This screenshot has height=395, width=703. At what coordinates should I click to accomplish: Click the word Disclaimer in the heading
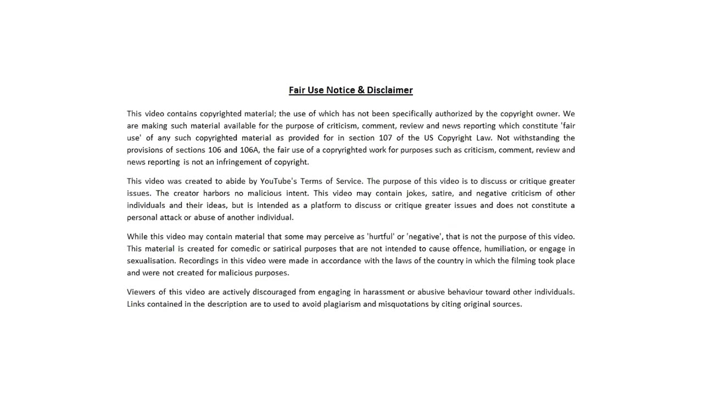click(390, 90)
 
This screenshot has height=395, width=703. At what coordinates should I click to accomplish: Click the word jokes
click(417, 193)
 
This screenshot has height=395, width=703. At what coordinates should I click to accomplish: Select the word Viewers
click(141, 292)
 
